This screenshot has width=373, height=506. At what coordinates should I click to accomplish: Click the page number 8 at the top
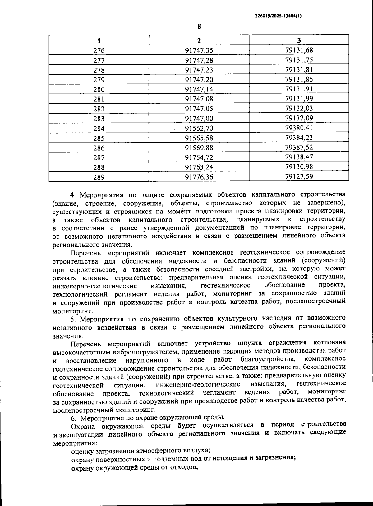199,26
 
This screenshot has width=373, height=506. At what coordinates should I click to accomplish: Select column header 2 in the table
199,40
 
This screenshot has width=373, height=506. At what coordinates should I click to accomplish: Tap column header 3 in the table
299,40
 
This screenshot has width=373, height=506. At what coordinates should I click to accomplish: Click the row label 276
99,50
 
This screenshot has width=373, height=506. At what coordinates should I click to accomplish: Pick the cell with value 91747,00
199,119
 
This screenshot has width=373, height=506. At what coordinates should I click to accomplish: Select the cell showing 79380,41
299,128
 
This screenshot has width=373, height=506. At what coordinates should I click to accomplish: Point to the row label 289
99,177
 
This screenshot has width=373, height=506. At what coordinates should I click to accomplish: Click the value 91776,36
199,177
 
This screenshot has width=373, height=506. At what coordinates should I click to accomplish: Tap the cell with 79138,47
299,157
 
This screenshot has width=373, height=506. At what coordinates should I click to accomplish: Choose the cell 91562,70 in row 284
199,128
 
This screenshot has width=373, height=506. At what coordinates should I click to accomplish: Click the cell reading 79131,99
299,99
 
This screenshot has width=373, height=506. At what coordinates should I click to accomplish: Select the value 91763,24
199,167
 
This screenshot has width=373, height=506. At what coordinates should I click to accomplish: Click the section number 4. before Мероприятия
73,195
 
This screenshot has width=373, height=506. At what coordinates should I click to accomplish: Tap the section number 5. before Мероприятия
73,319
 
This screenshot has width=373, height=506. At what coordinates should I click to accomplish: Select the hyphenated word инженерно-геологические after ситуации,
198,385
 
